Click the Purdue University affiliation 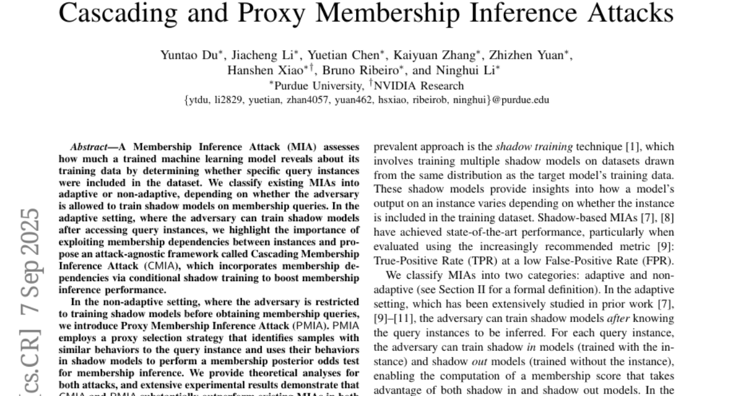[x=317, y=86]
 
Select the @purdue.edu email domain [x=520, y=100]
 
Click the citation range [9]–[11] [x=393, y=319]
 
